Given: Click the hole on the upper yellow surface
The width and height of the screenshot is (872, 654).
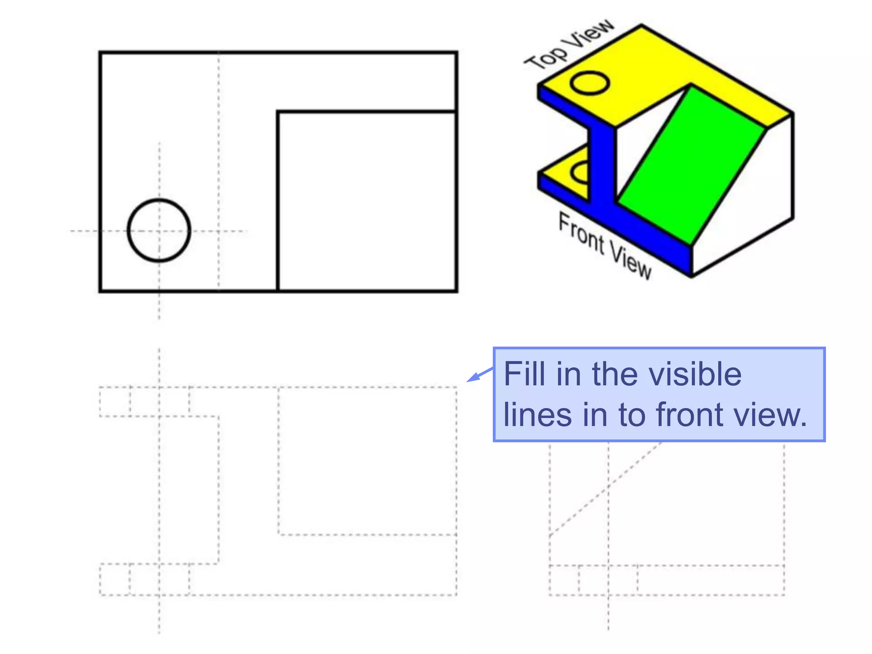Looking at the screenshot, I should (589, 83).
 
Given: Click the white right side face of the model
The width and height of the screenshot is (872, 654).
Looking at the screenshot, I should (749, 204).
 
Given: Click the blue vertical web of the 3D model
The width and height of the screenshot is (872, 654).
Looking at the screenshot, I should (602, 166).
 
